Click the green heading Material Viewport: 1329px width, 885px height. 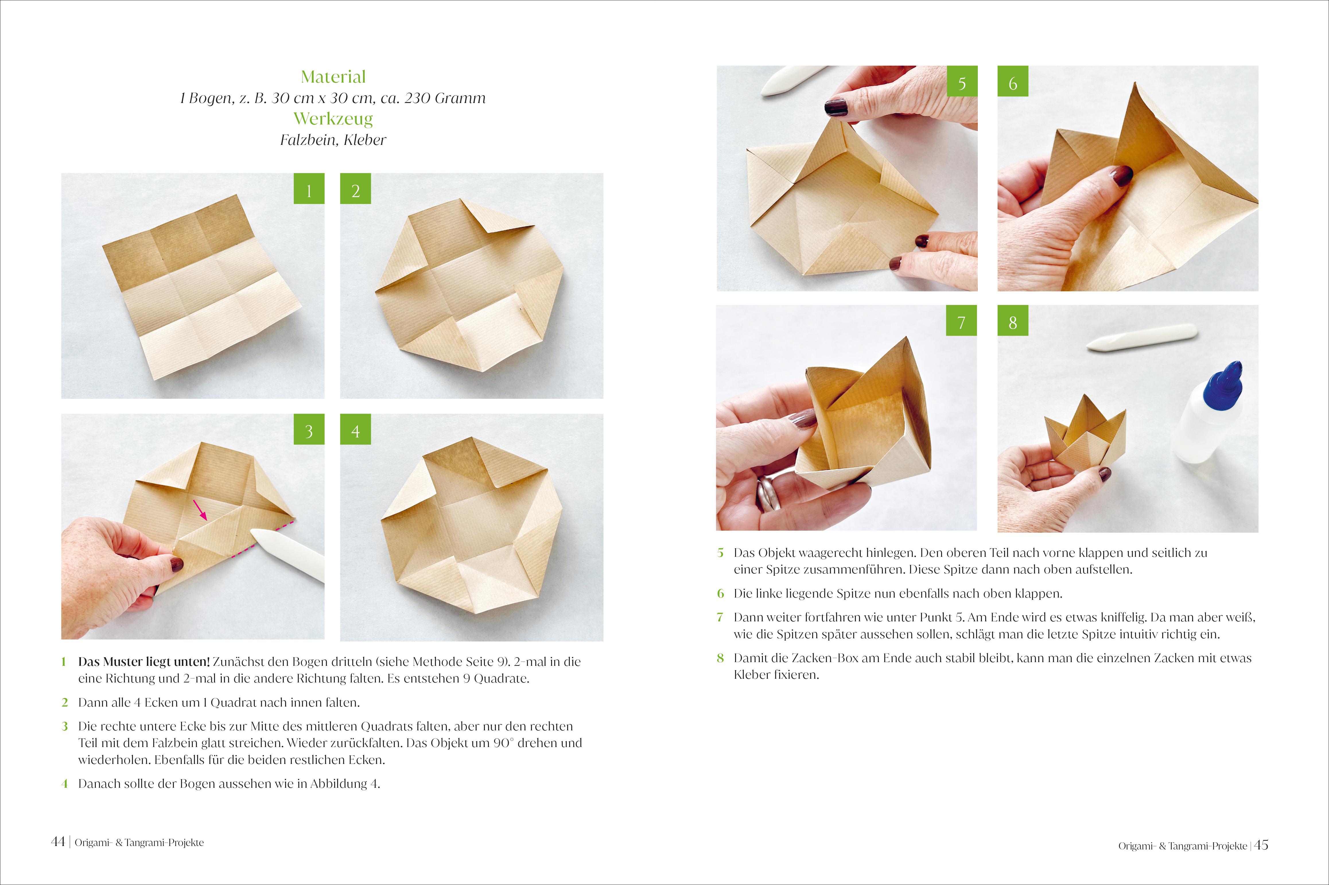coord(333,77)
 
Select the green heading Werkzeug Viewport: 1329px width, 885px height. coord(333,119)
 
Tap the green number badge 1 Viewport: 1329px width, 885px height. coord(309,188)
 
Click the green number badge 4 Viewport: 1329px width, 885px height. coord(355,429)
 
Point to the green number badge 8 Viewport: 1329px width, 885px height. coord(1013,321)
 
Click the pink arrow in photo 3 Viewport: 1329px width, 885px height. coord(200,510)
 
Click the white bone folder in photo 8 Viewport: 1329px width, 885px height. coord(1141,338)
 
